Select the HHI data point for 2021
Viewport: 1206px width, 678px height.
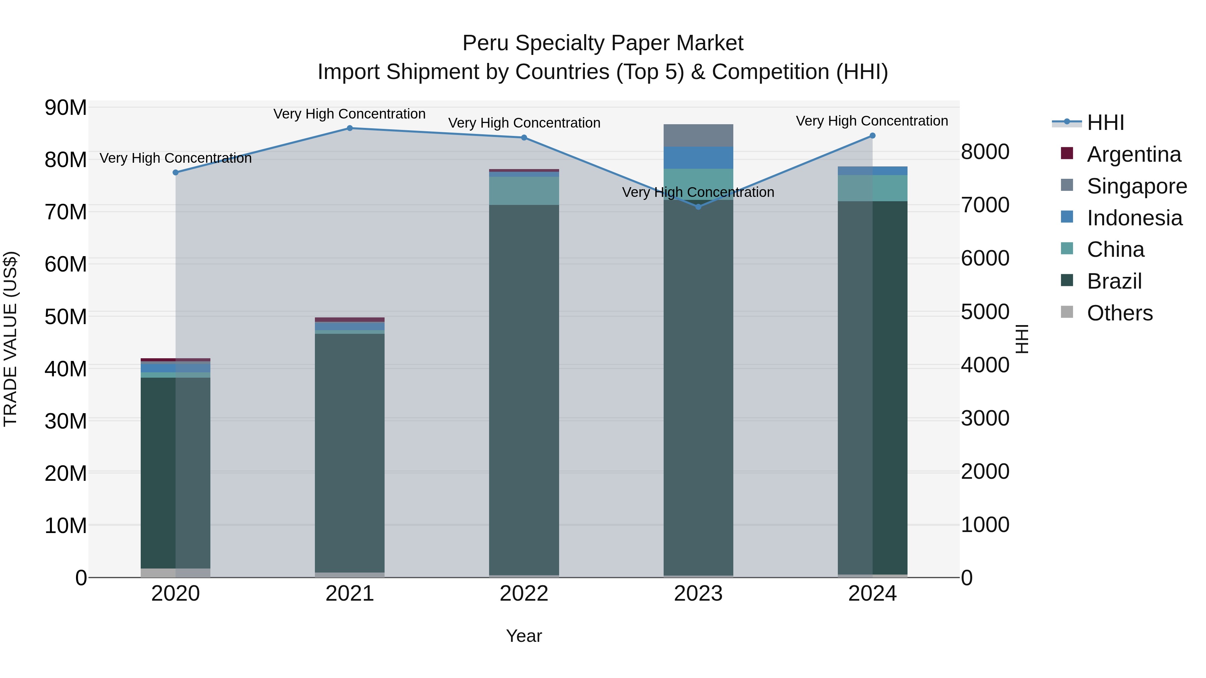pyautogui.click(x=350, y=128)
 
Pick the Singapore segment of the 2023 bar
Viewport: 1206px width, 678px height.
pyautogui.click(x=698, y=136)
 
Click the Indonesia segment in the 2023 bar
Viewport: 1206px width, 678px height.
pyautogui.click(x=698, y=158)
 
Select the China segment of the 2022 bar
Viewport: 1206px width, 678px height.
pyautogui.click(x=524, y=191)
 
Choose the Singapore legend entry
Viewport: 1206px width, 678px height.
pyautogui.click(x=1136, y=186)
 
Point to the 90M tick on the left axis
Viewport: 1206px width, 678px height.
pyautogui.click(x=66, y=108)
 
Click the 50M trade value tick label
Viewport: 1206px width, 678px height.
pyautogui.click(x=66, y=317)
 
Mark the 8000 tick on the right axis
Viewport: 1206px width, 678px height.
pyautogui.click(x=985, y=152)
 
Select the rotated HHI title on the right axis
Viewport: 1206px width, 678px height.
pyautogui.click(x=1022, y=339)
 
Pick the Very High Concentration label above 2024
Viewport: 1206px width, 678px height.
pyautogui.click(x=872, y=121)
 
